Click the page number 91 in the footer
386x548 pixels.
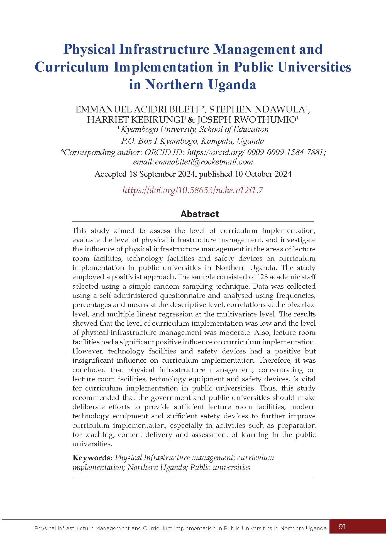click(342, 527)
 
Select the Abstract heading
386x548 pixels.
click(199, 214)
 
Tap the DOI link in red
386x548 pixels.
click(193, 190)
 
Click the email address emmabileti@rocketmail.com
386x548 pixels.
click(204, 162)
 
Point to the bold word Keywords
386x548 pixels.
click(92, 458)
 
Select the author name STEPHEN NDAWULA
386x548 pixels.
click(257, 109)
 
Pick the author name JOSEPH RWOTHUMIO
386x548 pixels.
click(246, 120)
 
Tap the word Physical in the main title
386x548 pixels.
click(89, 49)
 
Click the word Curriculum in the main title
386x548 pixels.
click(72, 67)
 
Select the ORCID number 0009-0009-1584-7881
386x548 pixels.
click(285, 152)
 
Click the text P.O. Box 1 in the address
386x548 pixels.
click(136, 141)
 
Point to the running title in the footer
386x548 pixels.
click(180, 528)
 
